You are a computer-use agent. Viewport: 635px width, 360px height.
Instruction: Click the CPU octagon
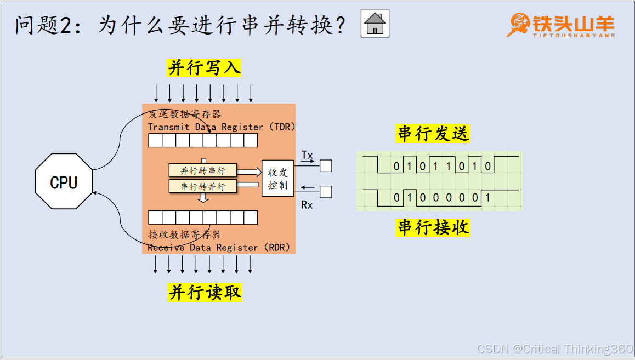click(x=64, y=181)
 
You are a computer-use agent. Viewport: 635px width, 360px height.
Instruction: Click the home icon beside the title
click(x=375, y=23)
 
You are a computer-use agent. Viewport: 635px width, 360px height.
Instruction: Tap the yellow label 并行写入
click(x=204, y=68)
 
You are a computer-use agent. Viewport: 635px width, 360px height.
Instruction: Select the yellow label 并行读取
click(x=205, y=293)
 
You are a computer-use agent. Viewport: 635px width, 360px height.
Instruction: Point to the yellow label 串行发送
click(x=433, y=134)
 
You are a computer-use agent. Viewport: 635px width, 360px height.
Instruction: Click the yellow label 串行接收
click(x=433, y=228)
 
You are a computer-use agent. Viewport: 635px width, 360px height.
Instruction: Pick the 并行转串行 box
click(x=202, y=170)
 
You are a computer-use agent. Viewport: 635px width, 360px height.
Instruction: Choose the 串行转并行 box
click(x=202, y=186)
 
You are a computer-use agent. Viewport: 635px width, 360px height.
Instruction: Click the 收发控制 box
click(x=278, y=179)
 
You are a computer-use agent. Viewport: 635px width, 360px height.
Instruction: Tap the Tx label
click(x=307, y=156)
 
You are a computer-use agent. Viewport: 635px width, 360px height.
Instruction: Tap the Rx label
click(x=307, y=205)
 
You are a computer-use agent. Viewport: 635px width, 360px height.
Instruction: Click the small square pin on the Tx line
click(x=326, y=165)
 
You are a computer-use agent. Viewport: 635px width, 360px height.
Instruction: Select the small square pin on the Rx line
click(x=326, y=192)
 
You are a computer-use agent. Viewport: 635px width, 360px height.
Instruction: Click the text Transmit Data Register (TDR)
click(x=222, y=127)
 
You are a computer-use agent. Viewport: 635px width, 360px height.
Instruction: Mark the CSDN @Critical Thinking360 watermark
click(x=555, y=349)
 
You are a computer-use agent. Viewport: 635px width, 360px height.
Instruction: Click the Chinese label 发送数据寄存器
click(x=185, y=115)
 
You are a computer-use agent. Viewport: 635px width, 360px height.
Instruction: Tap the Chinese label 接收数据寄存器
click(x=184, y=235)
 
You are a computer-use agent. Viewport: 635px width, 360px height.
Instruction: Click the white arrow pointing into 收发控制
click(x=250, y=172)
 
